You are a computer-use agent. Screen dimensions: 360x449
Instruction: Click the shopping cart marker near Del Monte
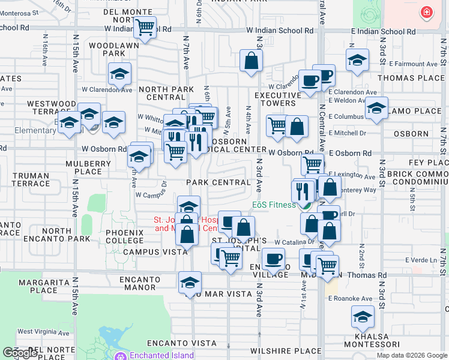click(145, 27)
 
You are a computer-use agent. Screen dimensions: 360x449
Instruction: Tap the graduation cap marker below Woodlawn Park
click(119, 74)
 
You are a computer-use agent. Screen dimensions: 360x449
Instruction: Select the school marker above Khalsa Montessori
click(362, 317)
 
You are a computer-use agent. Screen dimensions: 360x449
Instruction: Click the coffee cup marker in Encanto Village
click(274, 259)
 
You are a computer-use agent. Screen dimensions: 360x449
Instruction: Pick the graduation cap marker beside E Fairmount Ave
click(357, 61)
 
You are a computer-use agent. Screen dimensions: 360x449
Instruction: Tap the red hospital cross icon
click(426, 12)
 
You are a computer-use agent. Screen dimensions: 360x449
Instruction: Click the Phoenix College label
click(124, 236)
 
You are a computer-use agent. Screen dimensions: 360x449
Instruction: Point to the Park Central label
click(218, 182)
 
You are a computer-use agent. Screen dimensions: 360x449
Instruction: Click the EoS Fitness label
click(274, 205)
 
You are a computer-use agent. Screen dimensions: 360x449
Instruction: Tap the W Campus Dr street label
click(151, 195)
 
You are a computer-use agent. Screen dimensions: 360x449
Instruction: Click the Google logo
click(20, 353)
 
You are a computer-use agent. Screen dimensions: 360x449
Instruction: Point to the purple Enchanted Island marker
click(120, 356)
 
